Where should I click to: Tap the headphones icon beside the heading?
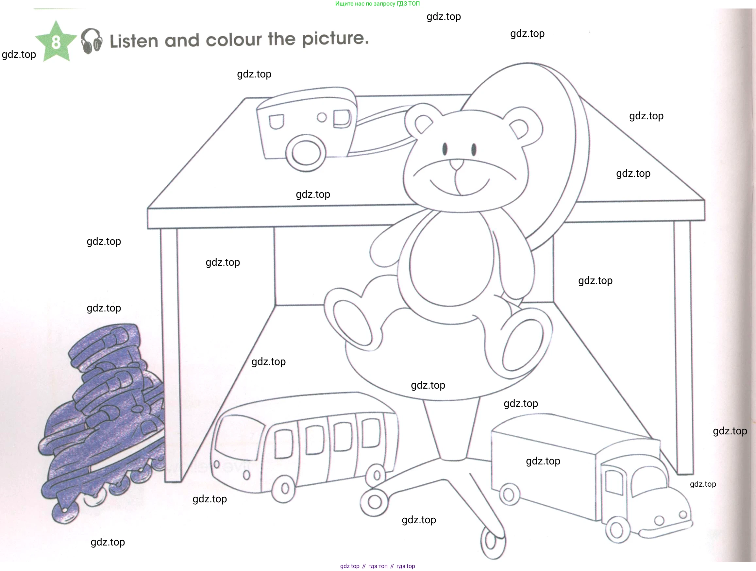point(91,41)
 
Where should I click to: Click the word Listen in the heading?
point(134,41)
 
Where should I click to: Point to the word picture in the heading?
point(335,38)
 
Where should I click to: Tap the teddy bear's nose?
point(456,164)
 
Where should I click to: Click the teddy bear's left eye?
point(445,149)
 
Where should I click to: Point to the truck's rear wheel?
point(509,495)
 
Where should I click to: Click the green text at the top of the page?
point(377,4)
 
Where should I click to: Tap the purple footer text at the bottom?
point(377,566)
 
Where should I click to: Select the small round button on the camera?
point(322,117)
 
